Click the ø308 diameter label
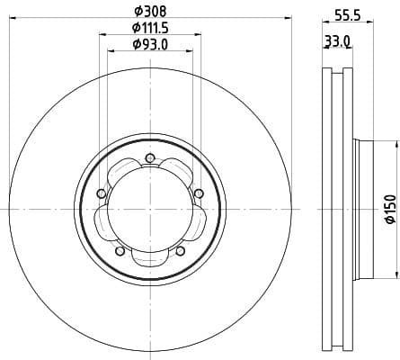point(150,12)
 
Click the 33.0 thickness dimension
point(337,41)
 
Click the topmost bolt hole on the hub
point(149,161)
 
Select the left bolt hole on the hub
point(102,193)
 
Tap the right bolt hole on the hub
point(198,192)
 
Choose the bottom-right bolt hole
point(181,250)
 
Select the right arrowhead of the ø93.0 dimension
point(191,51)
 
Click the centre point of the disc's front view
point(149,209)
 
